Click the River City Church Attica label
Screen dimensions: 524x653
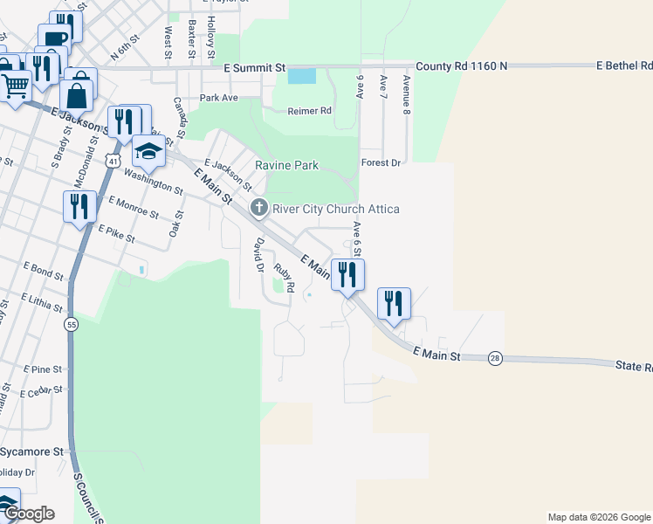click(336, 209)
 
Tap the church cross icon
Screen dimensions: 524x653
click(258, 208)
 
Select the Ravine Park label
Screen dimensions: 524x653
click(286, 165)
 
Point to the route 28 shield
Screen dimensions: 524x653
click(495, 359)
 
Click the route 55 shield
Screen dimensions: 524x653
click(70, 324)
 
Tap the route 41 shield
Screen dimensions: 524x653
click(113, 161)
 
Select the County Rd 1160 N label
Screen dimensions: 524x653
click(461, 66)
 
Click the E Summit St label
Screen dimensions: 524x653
click(254, 67)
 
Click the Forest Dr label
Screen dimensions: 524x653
click(381, 162)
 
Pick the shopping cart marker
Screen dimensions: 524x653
click(15, 86)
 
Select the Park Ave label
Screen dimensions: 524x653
click(218, 98)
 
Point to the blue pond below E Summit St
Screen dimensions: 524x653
click(301, 76)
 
